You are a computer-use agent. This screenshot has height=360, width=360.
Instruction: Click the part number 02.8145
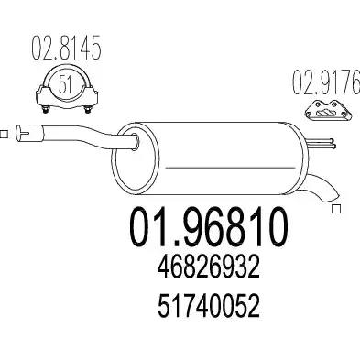(66, 49)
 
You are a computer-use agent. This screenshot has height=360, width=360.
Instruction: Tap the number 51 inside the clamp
(65, 84)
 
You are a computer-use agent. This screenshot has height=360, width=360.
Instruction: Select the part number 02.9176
(326, 82)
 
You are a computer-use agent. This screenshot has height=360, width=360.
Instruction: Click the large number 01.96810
(209, 227)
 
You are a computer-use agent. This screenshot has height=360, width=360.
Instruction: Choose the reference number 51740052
(209, 306)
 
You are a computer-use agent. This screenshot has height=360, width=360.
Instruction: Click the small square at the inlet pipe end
(4, 135)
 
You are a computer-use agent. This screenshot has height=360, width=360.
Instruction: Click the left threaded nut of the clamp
(46, 110)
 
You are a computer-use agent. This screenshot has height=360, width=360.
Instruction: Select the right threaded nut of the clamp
(87, 110)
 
